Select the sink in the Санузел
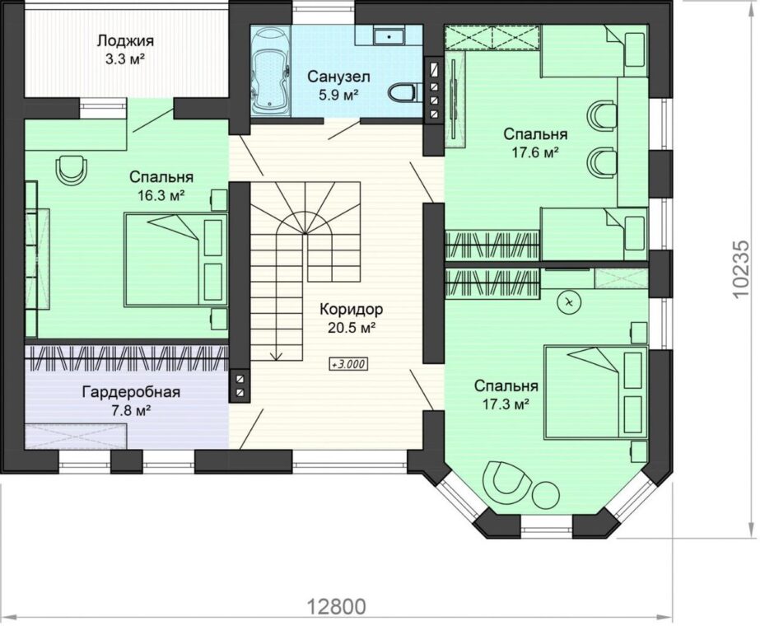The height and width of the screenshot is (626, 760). (x=389, y=35)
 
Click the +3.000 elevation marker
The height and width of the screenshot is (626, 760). (x=348, y=364)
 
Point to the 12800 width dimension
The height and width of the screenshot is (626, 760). (x=337, y=605)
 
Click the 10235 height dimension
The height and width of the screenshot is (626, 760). (x=744, y=270)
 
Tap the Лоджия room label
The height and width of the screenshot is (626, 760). (x=125, y=40)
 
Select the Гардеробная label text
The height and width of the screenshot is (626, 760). (x=131, y=392)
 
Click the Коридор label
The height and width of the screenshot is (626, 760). (x=352, y=309)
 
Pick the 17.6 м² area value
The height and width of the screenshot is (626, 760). (x=535, y=152)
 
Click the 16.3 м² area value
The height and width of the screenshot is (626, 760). (x=161, y=195)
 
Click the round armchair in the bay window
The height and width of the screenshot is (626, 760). (x=507, y=480)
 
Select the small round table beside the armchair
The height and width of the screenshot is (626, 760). (x=546, y=494)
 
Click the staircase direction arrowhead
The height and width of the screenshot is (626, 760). (x=277, y=357)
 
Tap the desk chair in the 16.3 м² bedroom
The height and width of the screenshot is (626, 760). (x=72, y=169)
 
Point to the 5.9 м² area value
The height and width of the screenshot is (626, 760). (x=338, y=94)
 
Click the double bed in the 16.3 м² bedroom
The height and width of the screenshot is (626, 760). (x=175, y=260)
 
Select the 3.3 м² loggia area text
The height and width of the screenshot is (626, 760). (x=125, y=59)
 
